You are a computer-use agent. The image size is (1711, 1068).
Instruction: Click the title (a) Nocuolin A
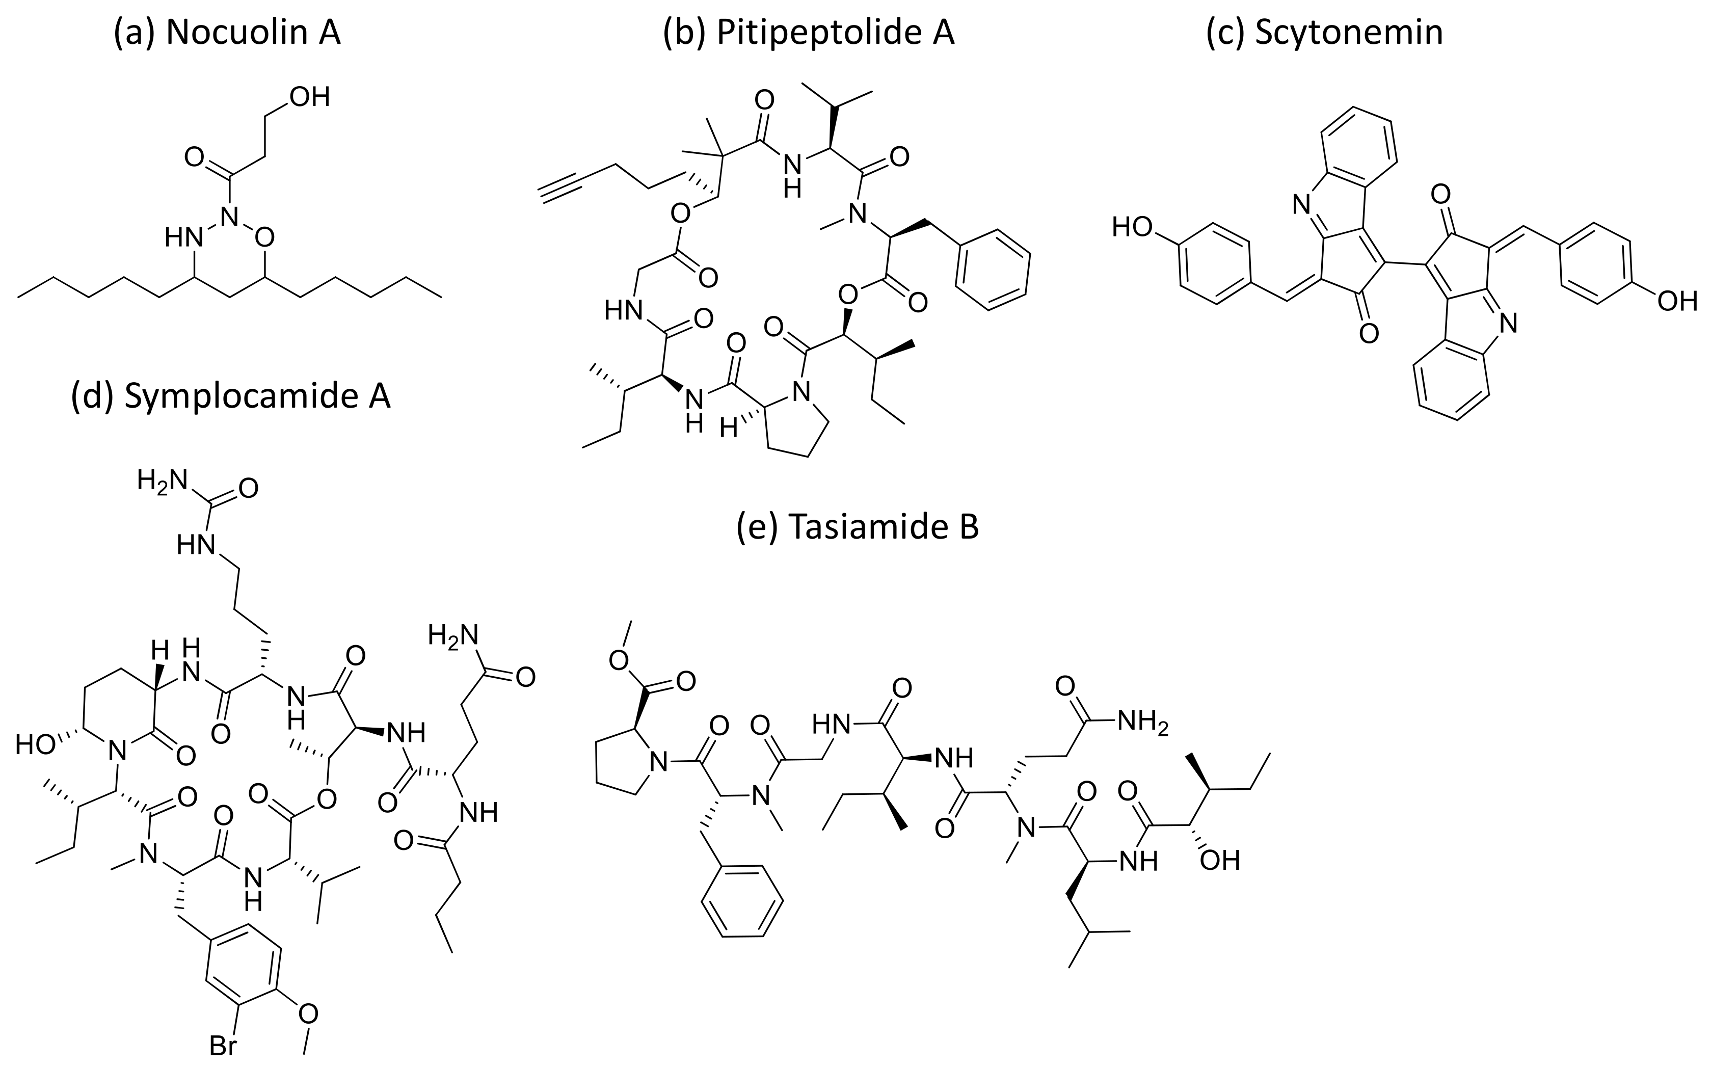pyautogui.click(x=227, y=33)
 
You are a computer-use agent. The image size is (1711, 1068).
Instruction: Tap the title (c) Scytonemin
pyautogui.click(x=1324, y=33)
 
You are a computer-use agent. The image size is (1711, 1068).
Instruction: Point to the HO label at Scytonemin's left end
pyautogui.click(x=1133, y=227)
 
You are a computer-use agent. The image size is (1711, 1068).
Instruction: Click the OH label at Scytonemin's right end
pyautogui.click(x=1677, y=302)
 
